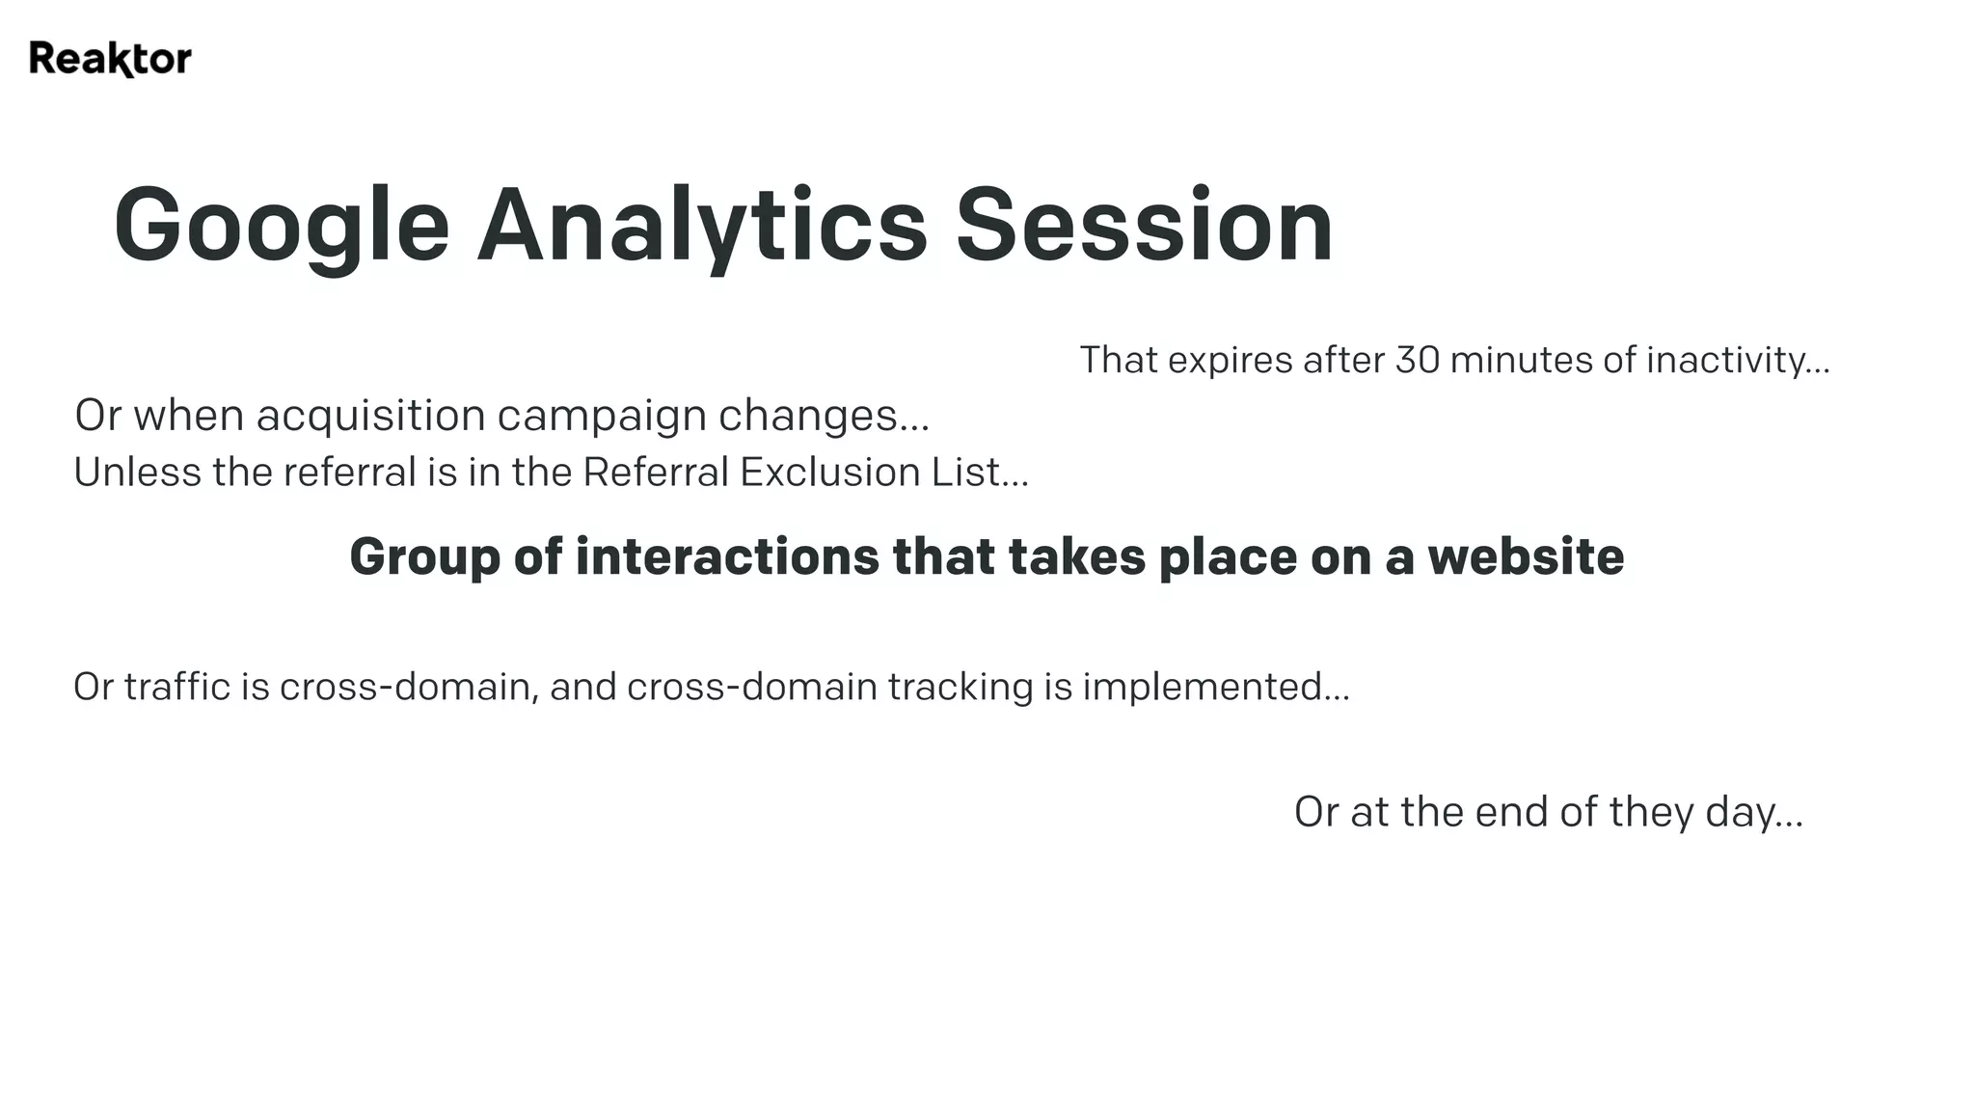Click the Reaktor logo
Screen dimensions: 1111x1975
tap(110, 59)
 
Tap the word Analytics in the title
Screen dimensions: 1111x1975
tap(701, 226)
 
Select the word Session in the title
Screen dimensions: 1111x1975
tap(1144, 226)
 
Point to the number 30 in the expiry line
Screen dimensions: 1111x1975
tap(1418, 361)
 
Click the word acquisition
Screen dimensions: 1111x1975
tap(370, 416)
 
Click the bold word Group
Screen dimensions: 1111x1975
tap(424, 557)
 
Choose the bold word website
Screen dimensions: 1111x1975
tap(1526, 557)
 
